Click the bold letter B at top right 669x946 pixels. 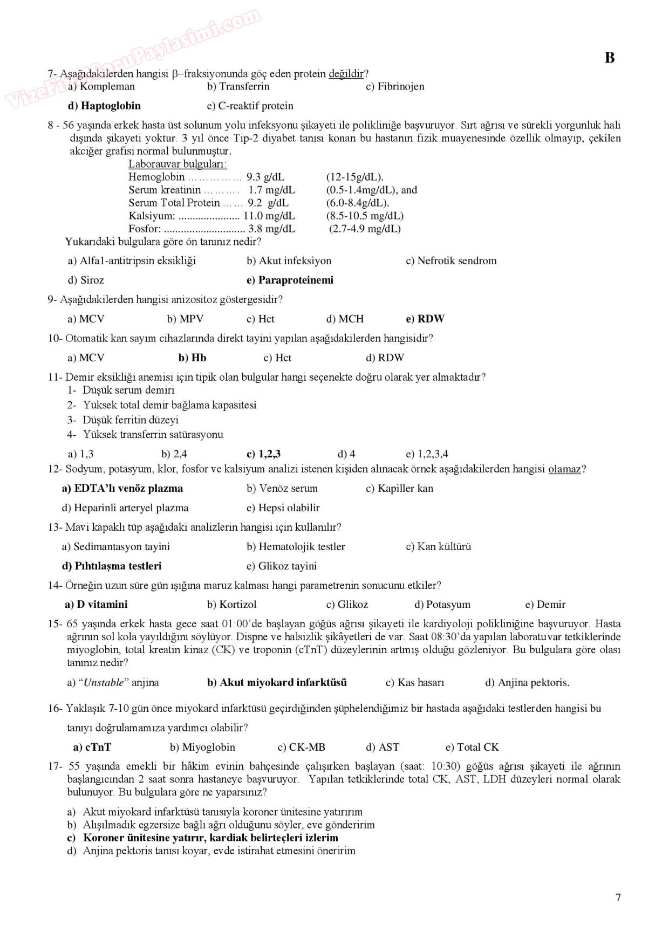pos(610,58)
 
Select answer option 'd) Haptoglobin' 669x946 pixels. pos(104,106)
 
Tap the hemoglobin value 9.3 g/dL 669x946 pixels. pos(265,177)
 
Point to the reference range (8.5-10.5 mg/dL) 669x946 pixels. pos(365,216)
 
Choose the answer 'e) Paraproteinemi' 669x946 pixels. pos(290,280)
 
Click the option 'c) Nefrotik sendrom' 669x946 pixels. pos(451,261)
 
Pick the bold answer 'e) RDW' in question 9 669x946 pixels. pos(425,319)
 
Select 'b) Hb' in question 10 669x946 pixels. pos(192,358)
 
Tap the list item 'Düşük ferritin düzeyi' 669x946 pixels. pos(130,420)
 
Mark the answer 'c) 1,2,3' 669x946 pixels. pos(263,454)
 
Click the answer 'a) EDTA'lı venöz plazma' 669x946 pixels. pos(122,488)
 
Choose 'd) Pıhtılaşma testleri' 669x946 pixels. pos(112,566)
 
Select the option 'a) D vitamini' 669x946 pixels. pos(96,605)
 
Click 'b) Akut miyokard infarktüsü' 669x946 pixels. pos(277,682)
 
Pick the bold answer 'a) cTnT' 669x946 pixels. pos(92,747)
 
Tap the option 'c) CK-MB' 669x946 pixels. pos(301,747)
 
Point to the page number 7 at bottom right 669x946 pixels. pos(618,897)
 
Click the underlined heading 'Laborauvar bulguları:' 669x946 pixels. pos(178,164)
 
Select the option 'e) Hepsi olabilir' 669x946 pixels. pos(283,508)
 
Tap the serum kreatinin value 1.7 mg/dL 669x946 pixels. pos(271,190)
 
